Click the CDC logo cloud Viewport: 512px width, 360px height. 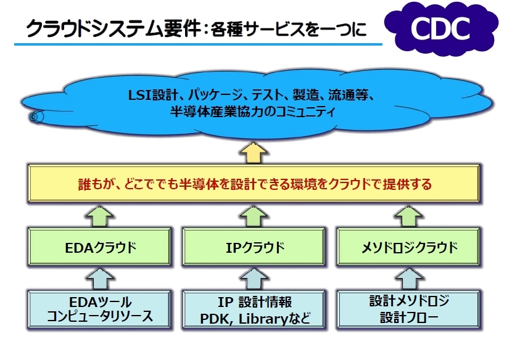click(x=441, y=29)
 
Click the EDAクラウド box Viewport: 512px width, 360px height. click(x=99, y=247)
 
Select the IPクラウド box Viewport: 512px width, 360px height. click(x=254, y=247)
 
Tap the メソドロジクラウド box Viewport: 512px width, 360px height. click(x=409, y=247)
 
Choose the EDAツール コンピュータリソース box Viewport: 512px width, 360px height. click(x=99, y=309)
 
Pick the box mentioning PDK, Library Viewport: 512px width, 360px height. click(x=254, y=309)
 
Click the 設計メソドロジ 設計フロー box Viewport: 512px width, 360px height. click(x=409, y=309)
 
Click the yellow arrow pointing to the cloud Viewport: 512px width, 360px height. click(x=254, y=153)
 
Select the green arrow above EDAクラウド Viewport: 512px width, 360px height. click(x=99, y=216)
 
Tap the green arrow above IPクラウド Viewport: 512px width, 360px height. click(x=254, y=216)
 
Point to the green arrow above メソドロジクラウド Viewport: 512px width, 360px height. click(x=409, y=216)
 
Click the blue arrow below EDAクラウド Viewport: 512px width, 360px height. click(x=99, y=279)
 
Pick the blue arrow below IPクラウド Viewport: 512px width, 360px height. click(x=254, y=279)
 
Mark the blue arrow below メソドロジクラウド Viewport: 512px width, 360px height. click(x=409, y=279)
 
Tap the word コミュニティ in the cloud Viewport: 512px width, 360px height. click(x=305, y=112)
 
